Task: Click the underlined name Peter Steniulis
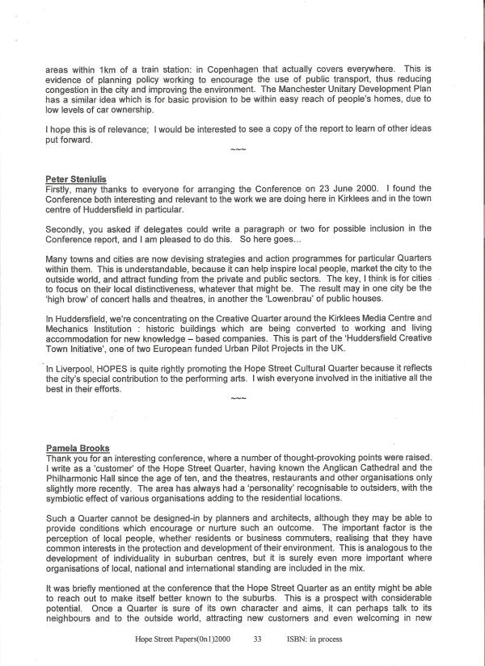tap(75, 178)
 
